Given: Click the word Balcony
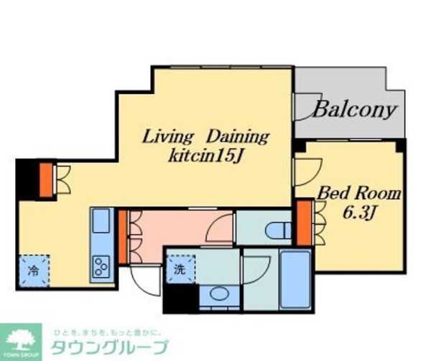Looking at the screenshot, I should (354, 111).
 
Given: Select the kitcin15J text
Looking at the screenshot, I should (205, 156).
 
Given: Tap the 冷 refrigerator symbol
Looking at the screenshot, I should (34, 271).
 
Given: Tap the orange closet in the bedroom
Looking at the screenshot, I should (302, 222).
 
